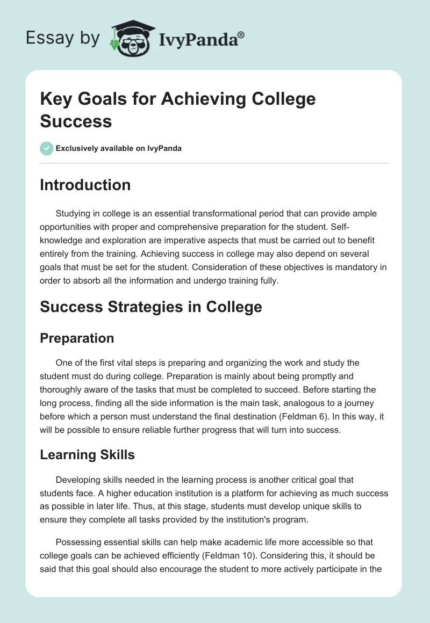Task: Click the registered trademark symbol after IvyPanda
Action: point(241,35)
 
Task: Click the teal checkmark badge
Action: point(47,148)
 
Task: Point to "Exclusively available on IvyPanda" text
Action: point(119,148)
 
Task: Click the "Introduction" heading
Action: point(85,185)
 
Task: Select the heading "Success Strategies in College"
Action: point(151,307)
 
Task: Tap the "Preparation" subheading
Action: point(77,338)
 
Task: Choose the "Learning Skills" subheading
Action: point(87,454)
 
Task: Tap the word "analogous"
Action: point(295,403)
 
